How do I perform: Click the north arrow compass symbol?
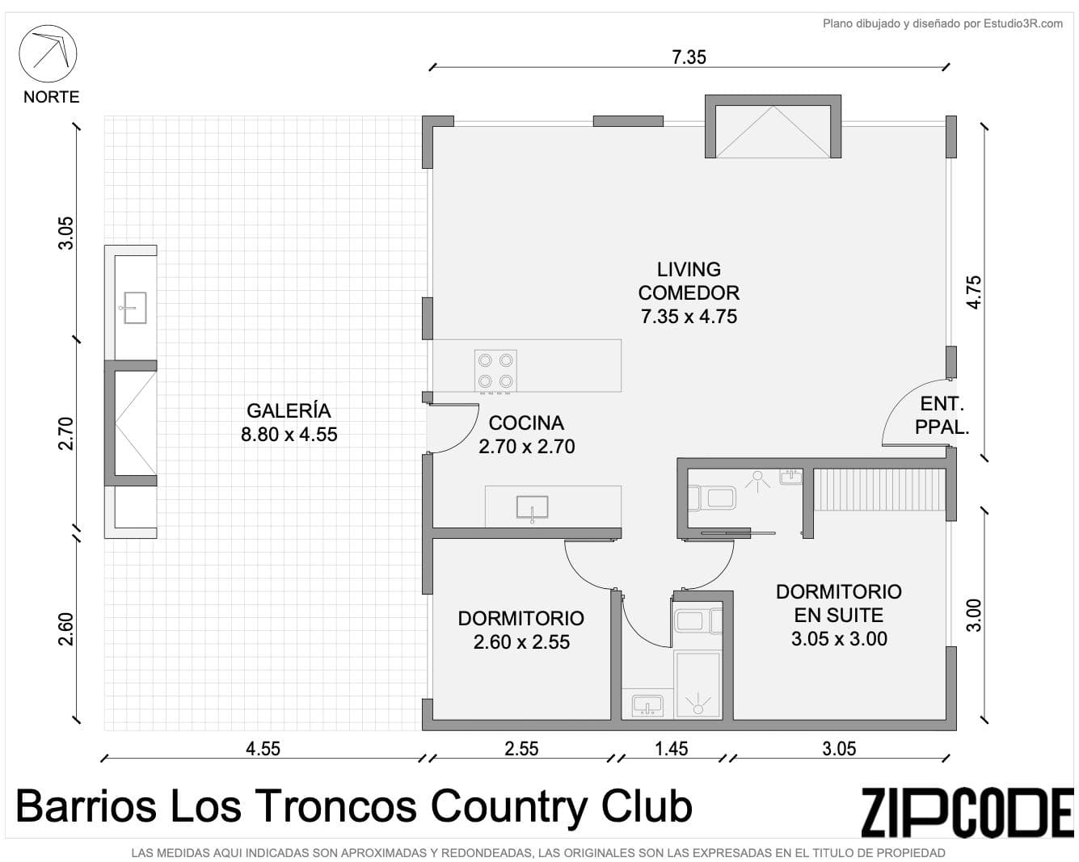pyautogui.click(x=48, y=53)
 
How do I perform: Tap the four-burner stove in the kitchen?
pyautogui.click(x=495, y=371)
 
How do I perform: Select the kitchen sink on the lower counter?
pyautogui.click(x=532, y=508)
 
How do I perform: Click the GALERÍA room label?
pyautogui.click(x=289, y=423)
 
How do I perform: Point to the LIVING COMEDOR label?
pyautogui.click(x=689, y=292)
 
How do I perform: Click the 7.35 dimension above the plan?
pyautogui.click(x=689, y=57)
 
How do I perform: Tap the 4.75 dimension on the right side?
pyautogui.click(x=974, y=292)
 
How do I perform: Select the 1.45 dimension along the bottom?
pyautogui.click(x=672, y=749)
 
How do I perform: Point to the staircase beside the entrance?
pyautogui.click(x=879, y=490)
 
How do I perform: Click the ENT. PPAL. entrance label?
pyautogui.click(x=942, y=415)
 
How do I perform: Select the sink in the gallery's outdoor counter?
pyautogui.click(x=134, y=308)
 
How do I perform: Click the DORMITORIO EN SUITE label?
pyautogui.click(x=839, y=615)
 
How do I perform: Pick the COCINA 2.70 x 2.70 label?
pyautogui.click(x=526, y=435)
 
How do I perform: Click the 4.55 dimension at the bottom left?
pyautogui.click(x=263, y=749)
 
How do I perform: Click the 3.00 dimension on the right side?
pyautogui.click(x=974, y=616)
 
